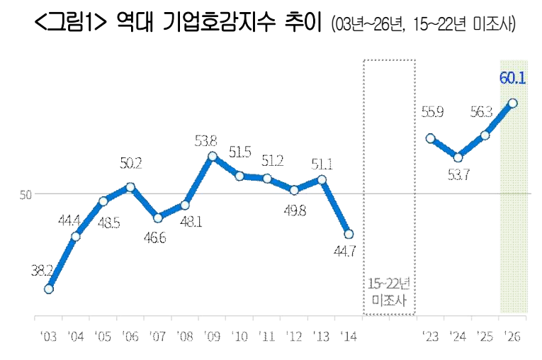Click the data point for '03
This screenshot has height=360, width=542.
[49, 288]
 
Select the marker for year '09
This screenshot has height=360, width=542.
[213, 157]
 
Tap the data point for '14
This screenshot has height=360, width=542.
[349, 234]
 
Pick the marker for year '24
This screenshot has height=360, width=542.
[458, 158]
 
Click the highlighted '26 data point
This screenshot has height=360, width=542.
[513, 103]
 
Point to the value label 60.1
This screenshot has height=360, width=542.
[513, 78]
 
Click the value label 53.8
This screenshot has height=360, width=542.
[206, 141]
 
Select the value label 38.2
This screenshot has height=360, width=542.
[43, 271]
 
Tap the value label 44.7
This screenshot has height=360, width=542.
[344, 252]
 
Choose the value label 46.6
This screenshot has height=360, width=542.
[155, 237]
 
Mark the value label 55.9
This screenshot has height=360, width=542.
[432, 112]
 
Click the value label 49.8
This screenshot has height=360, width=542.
[295, 210]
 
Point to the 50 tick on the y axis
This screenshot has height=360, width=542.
[26, 195]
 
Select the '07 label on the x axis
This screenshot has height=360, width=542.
[157, 336]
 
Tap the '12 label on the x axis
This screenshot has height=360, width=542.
[294, 336]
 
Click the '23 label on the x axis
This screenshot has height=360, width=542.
[431, 336]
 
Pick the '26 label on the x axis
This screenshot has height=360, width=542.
[512, 336]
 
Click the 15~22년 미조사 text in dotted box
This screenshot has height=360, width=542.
[389, 292]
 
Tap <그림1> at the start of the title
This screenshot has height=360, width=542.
[71, 22]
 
